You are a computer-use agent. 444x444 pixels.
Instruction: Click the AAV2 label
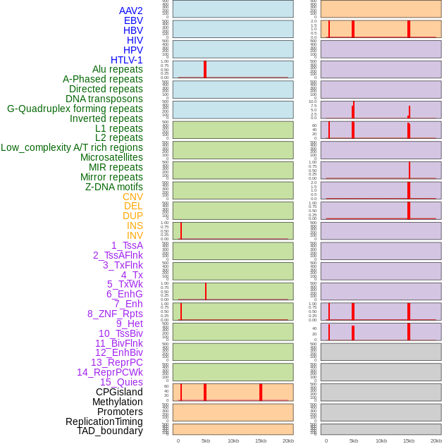tap(130, 11)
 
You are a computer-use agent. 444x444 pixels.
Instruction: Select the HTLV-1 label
tap(126, 60)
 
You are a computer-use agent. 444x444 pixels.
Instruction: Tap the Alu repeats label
tap(118, 70)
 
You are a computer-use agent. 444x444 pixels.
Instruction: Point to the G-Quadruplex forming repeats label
tap(75, 109)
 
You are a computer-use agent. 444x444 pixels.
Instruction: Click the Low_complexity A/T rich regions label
tap(72, 147)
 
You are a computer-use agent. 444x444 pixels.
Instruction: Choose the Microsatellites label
tap(111, 157)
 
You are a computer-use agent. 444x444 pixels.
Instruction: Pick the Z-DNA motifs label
tap(114, 187)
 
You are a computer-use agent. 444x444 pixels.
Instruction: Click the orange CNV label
tap(132, 197)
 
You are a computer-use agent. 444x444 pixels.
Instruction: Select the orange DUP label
tap(132, 216)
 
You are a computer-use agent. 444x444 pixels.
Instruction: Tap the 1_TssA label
tap(127, 245)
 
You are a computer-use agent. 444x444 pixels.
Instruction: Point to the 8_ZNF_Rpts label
tap(115, 314)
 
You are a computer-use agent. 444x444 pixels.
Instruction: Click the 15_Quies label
tap(121, 382)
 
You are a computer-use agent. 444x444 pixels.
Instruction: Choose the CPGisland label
tap(119, 392)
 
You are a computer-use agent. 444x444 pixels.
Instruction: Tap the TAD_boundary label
tap(110, 431)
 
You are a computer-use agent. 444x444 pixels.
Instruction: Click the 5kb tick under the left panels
tap(206, 440)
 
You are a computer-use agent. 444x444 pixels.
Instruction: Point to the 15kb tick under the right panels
tap(409, 440)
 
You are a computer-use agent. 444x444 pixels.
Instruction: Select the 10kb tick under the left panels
tap(233, 440)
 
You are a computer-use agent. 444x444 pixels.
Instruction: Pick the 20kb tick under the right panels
tap(436, 440)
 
